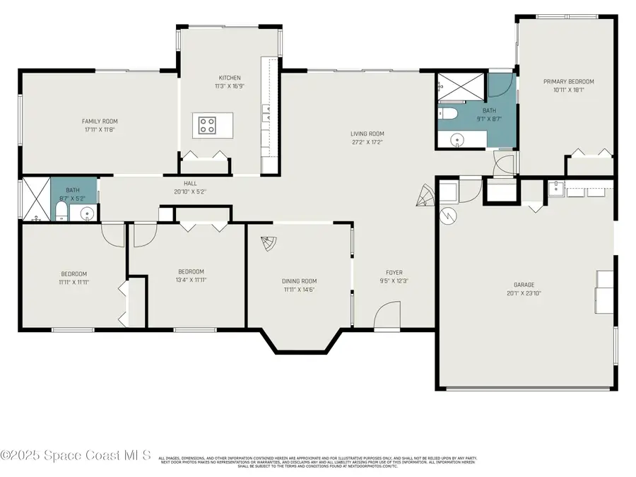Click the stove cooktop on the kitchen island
(207, 126)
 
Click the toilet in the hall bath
(61, 211)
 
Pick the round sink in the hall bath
(88, 212)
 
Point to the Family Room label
(100, 122)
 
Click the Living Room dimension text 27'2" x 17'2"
(367, 141)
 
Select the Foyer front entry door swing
(386, 315)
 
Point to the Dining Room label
(300, 281)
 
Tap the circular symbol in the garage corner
(447, 214)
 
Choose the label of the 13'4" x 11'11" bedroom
(191, 271)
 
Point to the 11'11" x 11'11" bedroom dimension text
(73, 282)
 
